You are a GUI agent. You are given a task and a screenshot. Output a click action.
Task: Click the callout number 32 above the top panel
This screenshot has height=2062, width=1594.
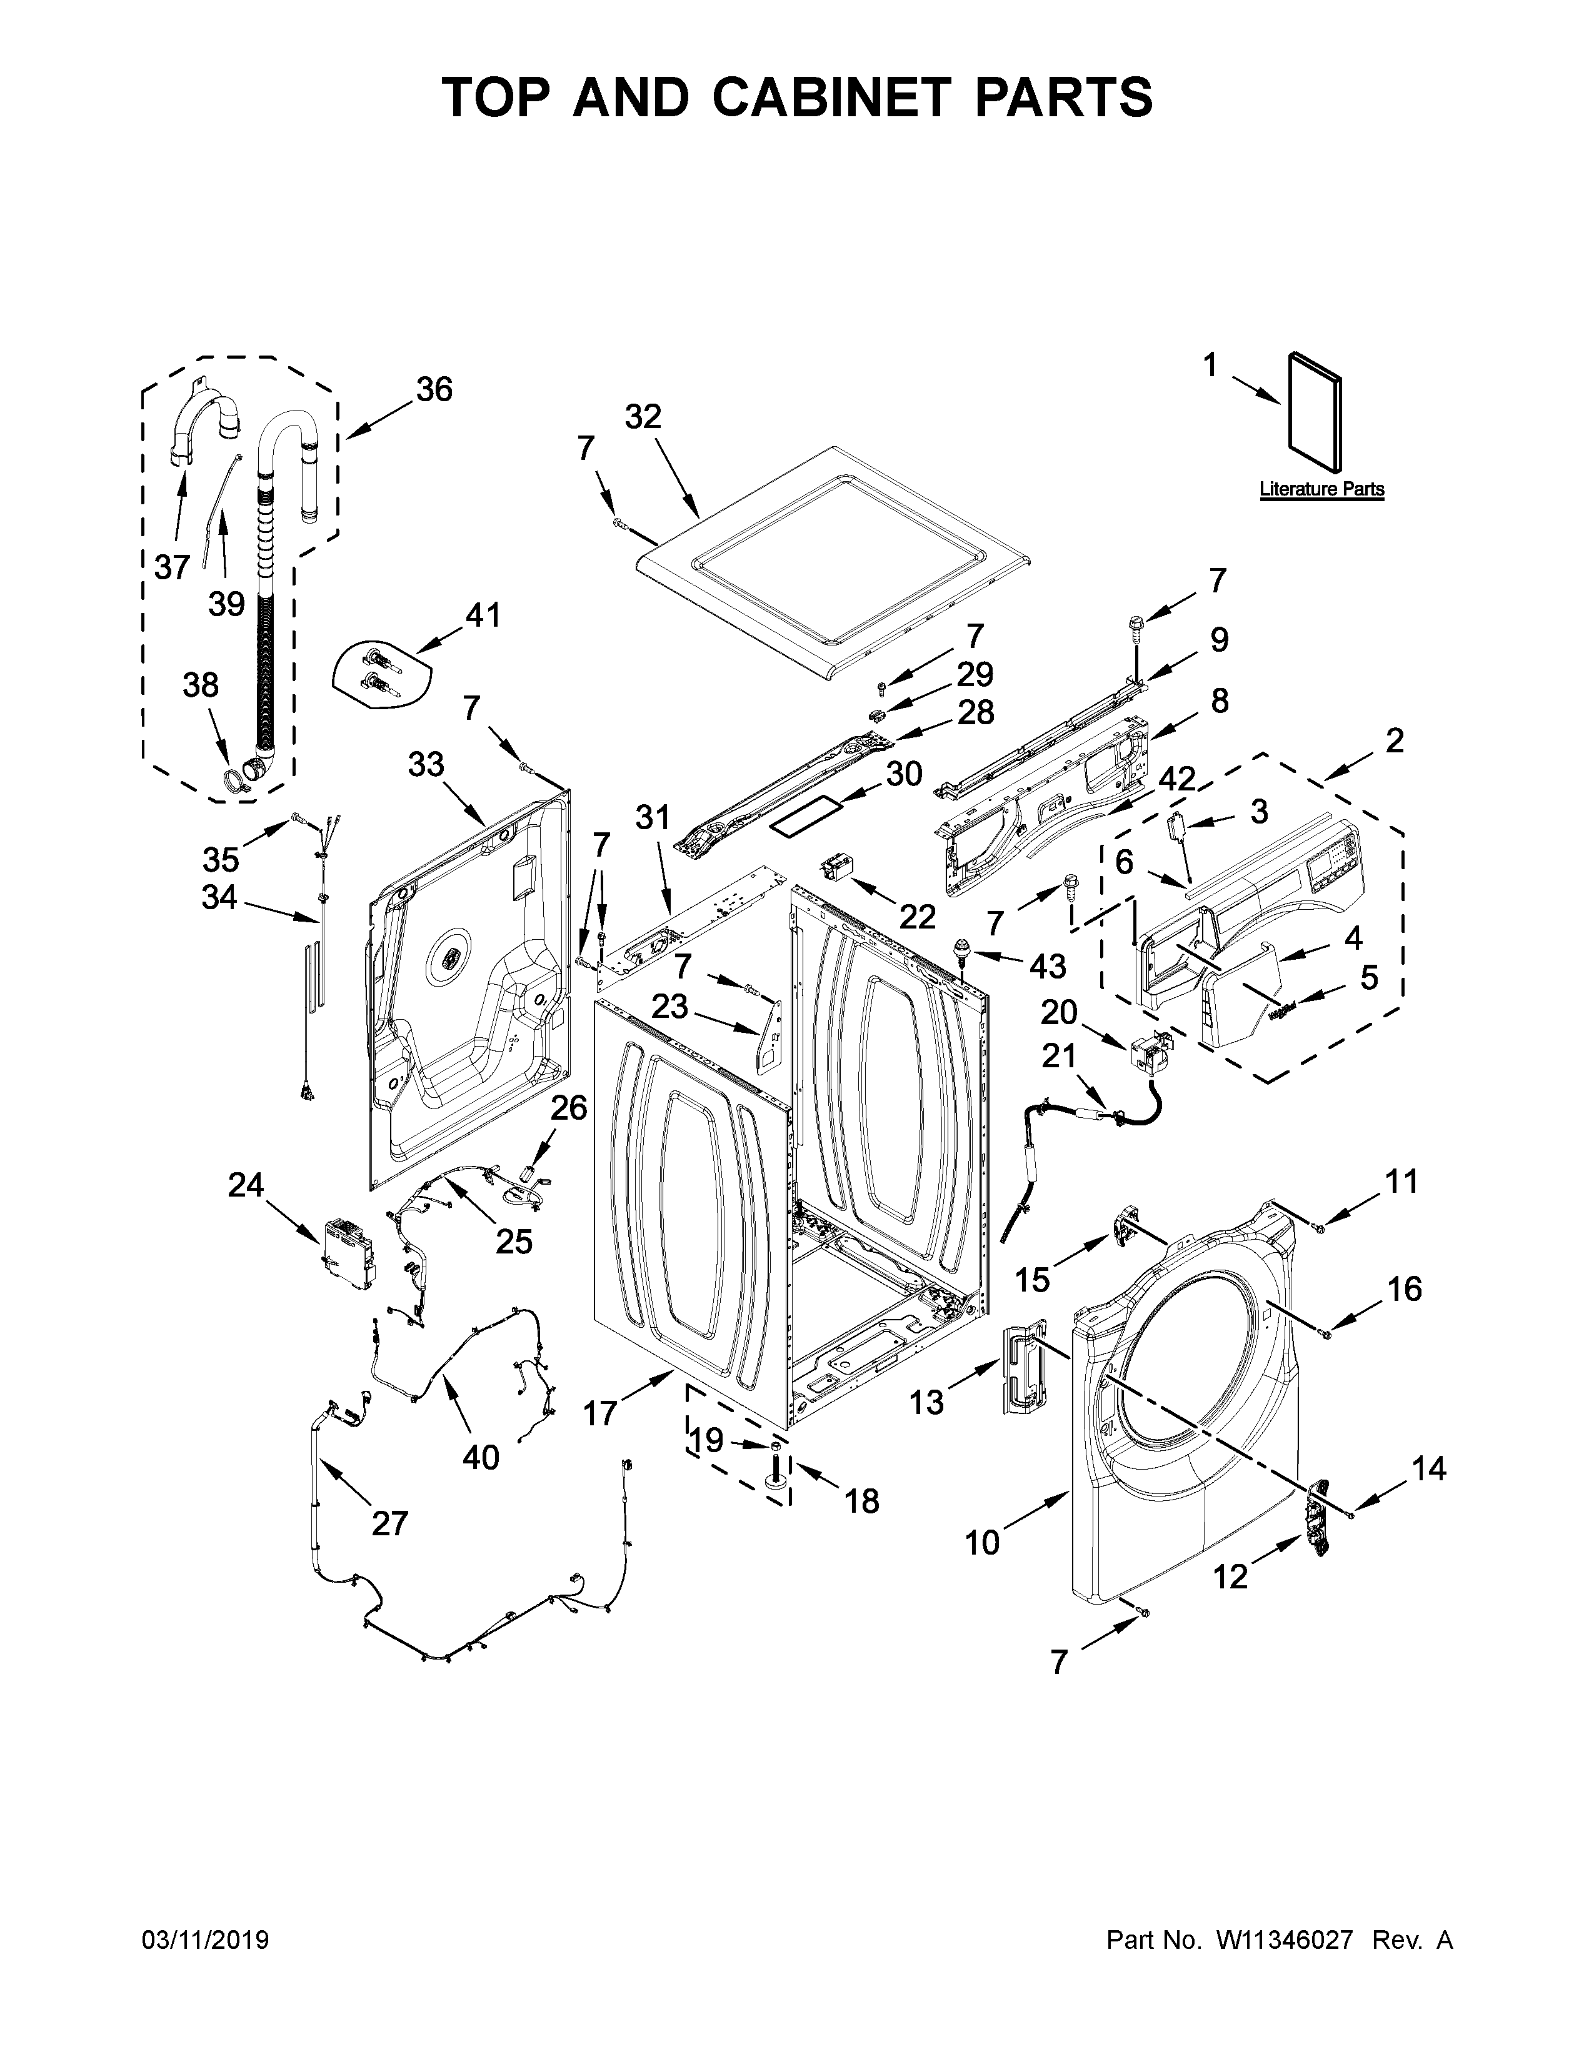(643, 416)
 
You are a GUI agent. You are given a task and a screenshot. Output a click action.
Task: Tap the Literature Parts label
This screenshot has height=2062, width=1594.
(1321, 489)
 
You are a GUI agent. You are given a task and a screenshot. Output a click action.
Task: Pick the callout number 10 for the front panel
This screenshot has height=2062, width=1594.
(982, 1543)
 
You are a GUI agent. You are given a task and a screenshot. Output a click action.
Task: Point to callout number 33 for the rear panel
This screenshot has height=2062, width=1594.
(426, 765)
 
